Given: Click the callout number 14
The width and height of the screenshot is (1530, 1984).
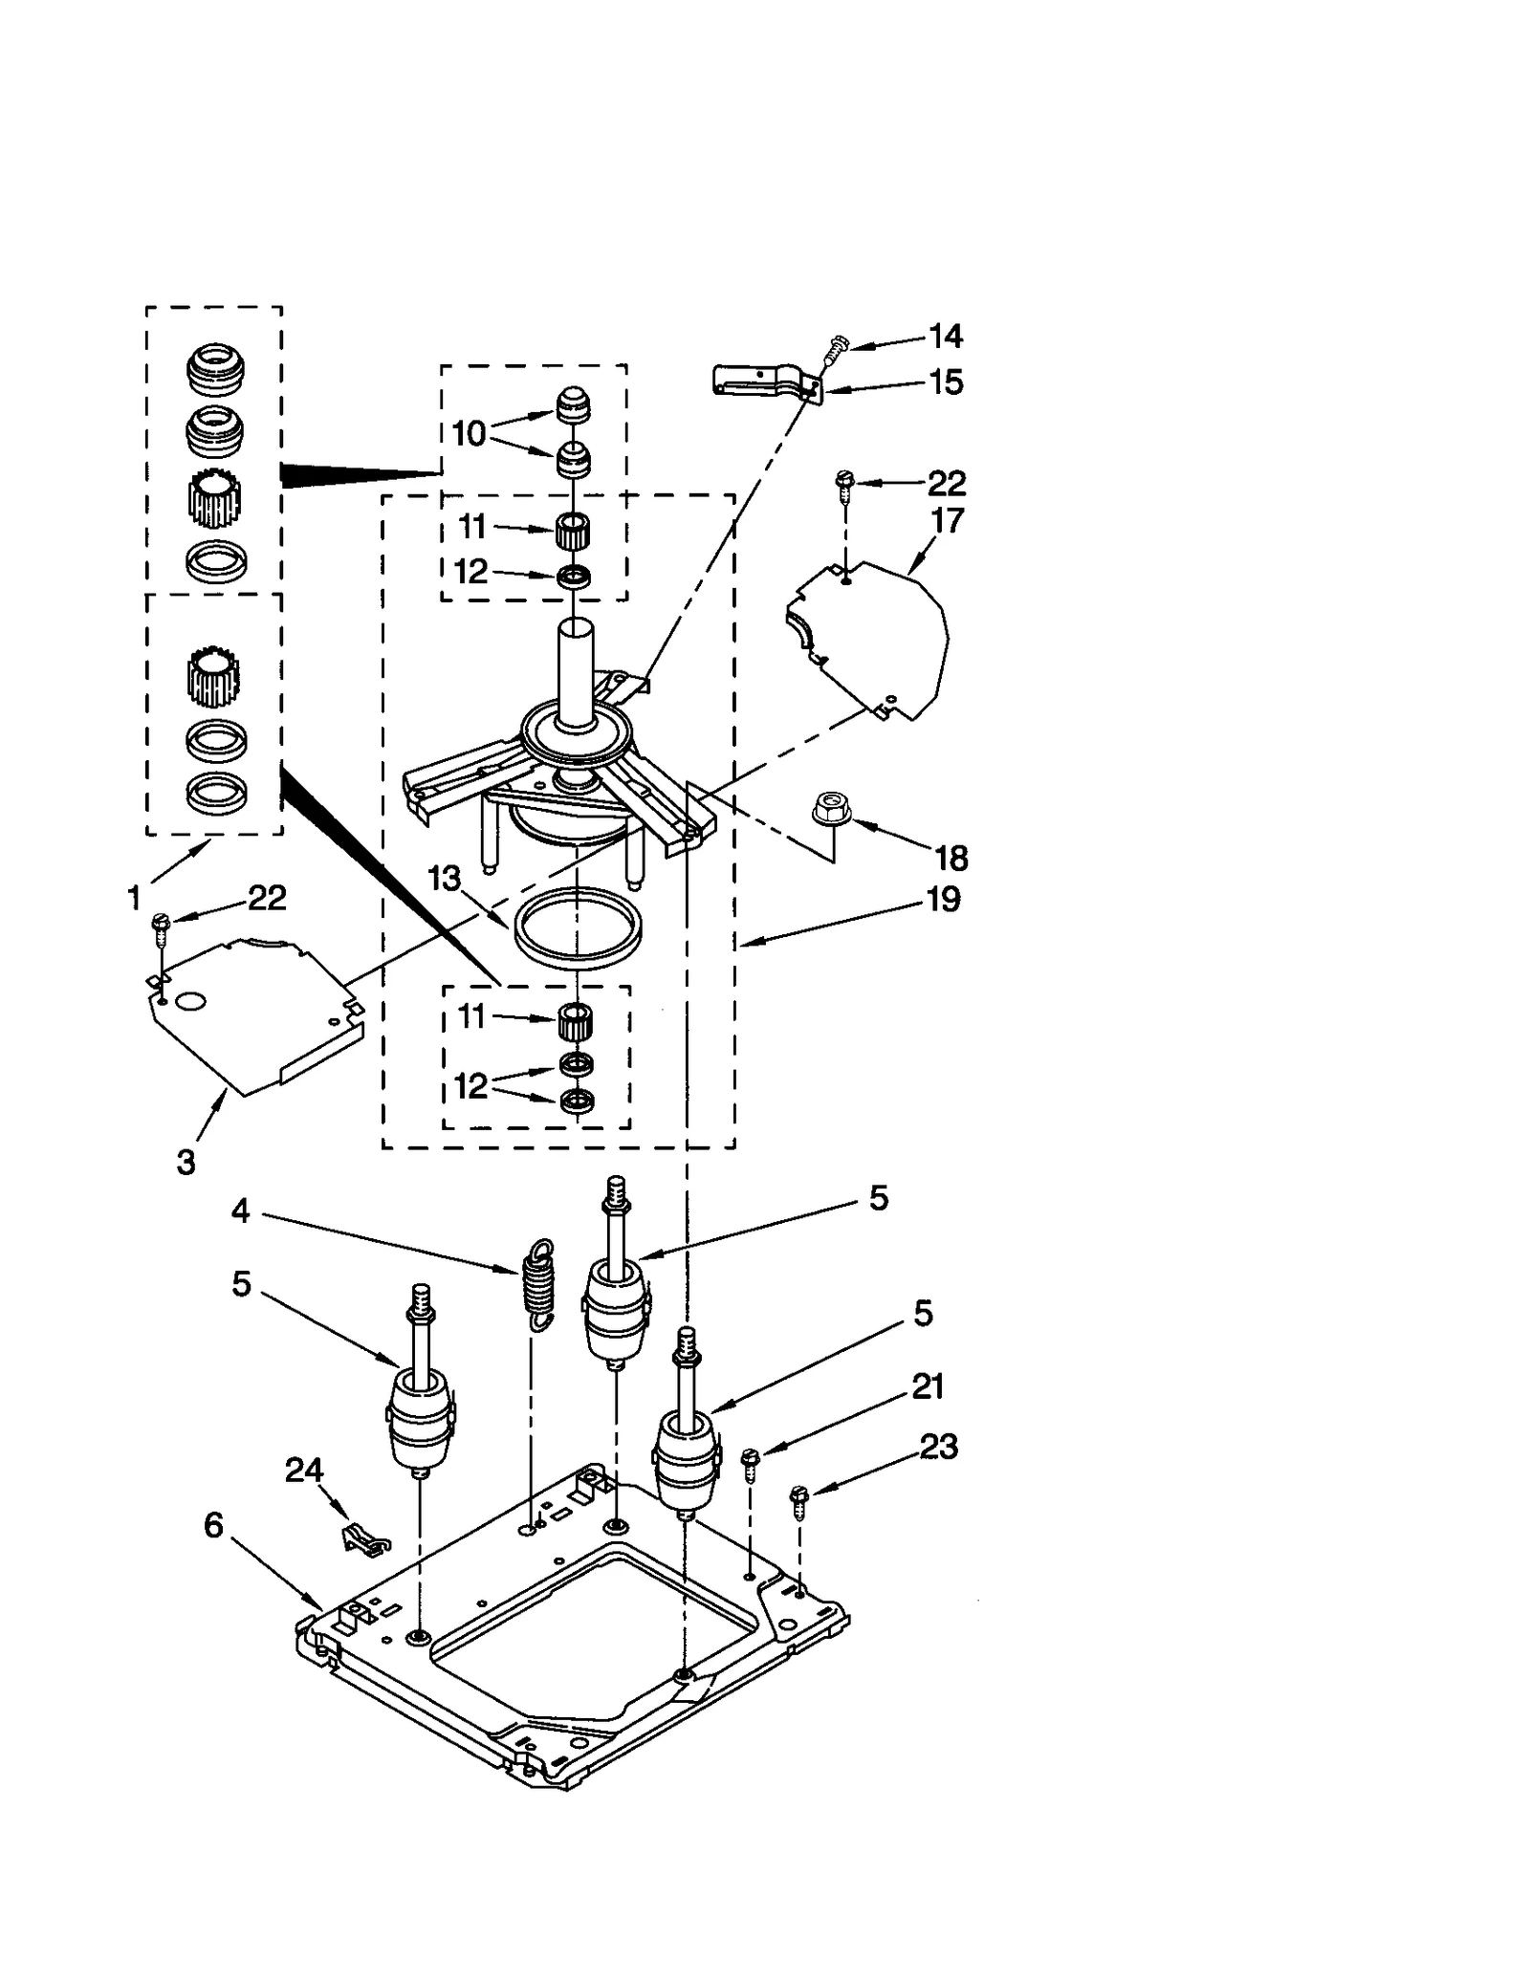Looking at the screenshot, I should coord(945,336).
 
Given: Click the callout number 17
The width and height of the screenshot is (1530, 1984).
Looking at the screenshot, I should coord(947,520).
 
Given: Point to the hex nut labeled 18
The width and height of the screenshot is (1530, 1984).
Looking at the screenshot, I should coord(831,809).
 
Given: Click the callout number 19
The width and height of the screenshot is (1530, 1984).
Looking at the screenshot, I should coord(943,900).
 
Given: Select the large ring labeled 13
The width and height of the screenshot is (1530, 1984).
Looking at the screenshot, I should coord(577,928).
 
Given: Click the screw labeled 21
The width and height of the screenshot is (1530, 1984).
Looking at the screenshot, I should coord(751,1462).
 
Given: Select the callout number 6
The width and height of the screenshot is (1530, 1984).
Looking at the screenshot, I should coord(213,1525).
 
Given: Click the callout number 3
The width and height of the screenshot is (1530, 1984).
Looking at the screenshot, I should coord(186,1163).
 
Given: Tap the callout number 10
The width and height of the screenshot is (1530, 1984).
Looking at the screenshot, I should coord(469,433).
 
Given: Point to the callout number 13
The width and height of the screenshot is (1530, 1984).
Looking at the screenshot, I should coord(445,878).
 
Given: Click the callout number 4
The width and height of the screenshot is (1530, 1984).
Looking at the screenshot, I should coord(240,1211).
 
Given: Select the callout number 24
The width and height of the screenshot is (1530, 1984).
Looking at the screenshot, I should coord(304,1470).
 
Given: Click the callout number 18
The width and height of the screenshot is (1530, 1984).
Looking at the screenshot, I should coord(951,858).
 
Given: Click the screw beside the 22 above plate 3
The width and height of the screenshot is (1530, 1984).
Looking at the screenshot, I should coord(160,925).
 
